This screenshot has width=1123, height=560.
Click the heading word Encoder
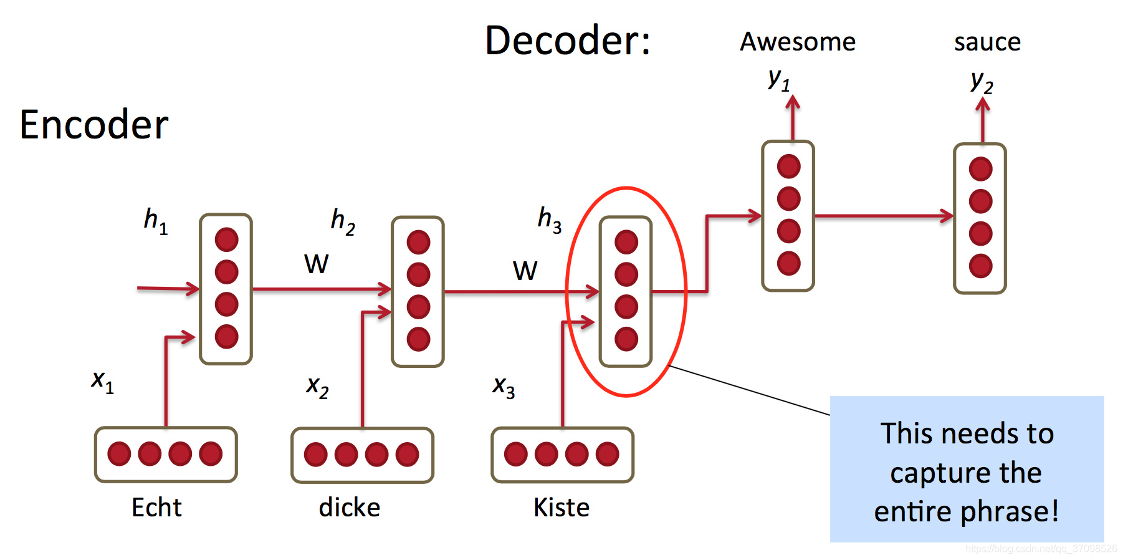(x=94, y=125)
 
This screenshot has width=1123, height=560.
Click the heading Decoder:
(x=568, y=41)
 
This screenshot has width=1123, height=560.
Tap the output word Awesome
(x=798, y=42)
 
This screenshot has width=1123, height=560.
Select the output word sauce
(x=987, y=42)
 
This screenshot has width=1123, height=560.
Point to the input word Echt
(x=156, y=508)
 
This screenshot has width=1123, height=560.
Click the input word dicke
(x=349, y=508)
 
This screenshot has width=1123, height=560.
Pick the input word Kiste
(x=561, y=508)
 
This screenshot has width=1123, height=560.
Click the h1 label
(x=155, y=221)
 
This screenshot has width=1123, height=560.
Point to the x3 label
(x=504, y=387)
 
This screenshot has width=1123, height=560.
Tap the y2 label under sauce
(x=982, y=82)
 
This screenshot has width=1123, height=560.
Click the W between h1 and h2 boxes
(x=316, y=264)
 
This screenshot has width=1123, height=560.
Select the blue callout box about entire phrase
(x=967, y=469)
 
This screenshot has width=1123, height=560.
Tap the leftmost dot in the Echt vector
(x=119, y=454)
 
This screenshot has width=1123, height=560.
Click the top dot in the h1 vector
(x=226, y=239)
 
